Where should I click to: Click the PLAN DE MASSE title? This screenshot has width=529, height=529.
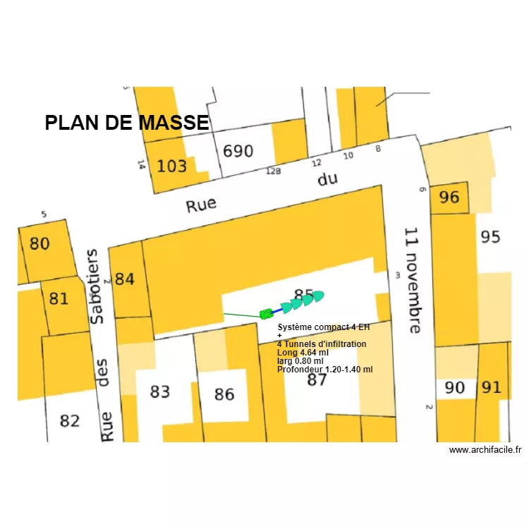tap(127, 123)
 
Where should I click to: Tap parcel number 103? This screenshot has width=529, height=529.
tap(171, 166)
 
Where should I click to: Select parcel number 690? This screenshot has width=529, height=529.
tap(238, 152)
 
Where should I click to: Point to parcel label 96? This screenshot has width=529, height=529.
tap(449, 197)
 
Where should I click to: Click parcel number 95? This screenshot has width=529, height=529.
tap(490, 236)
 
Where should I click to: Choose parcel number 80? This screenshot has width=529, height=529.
tap(39, 244)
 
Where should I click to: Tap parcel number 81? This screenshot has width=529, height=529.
tap(59, 299)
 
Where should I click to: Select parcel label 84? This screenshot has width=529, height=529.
tap(124, 279)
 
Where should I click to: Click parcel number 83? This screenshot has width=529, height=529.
tap(160, 391)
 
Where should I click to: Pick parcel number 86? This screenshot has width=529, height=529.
tap(224, 394)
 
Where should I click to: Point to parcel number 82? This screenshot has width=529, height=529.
tap(69, 421)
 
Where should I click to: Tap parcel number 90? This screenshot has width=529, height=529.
tap(455, 387)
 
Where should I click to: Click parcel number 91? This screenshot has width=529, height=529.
tap(491, 387)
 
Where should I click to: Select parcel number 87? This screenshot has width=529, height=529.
tap(317, 380)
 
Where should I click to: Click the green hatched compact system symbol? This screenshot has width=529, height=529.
tap(266, 314)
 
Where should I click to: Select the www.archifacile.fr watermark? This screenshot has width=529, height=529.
tap(485, 450)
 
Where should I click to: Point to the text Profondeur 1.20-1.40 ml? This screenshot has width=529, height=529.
tap(324, 369)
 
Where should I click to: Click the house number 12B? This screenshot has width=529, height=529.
tap(273, 171)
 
